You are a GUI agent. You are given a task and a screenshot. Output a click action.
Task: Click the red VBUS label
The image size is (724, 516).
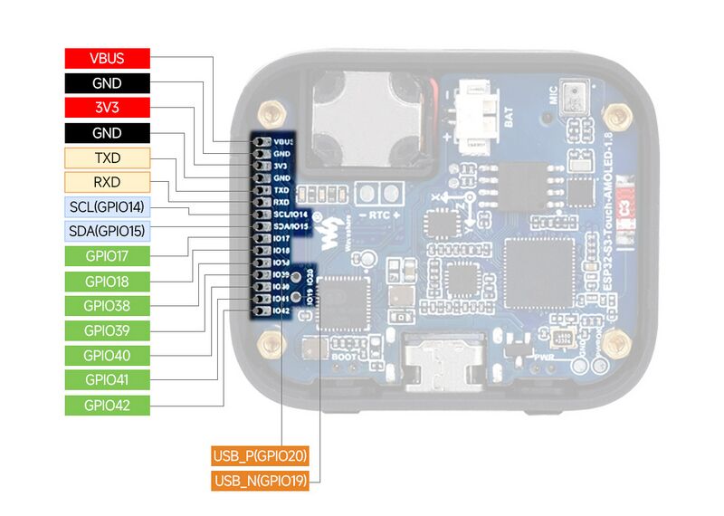click(107, 58)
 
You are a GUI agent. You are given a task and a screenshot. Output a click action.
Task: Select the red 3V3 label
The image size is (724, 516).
click(107, 108)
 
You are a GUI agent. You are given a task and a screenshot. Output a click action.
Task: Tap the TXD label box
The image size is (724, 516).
click(107, 158)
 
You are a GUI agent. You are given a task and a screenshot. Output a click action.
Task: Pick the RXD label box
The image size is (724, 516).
click(107, 182)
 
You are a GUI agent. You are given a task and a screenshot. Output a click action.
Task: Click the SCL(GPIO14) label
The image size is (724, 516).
click(107, 206)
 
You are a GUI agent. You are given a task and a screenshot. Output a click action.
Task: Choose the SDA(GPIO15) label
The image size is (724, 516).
click(107, 231)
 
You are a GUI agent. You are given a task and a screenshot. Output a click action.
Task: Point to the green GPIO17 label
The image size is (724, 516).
click(107, 256)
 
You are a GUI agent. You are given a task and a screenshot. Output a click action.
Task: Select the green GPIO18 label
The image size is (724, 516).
click(107, 281)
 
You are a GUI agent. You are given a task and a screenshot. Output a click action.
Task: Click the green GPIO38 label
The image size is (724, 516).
click(107, 305)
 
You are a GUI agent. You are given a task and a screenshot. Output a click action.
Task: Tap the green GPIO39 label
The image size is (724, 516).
click(107, 330)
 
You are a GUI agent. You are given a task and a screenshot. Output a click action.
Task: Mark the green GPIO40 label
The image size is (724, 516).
click(107, 355)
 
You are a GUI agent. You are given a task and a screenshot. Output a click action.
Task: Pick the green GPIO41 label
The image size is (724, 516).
click(107, 379)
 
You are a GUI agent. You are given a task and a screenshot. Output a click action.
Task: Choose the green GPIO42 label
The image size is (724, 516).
click(107, 405)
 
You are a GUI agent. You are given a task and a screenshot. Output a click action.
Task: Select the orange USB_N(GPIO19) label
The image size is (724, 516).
click(261, 481)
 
